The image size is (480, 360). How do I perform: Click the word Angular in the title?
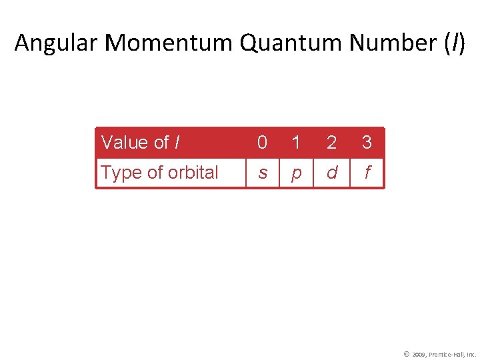tap(57, 43)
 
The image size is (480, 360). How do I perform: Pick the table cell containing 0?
tap(263, 143)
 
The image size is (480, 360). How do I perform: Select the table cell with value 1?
tap(296, 143)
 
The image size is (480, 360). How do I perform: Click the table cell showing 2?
tap(331, 143)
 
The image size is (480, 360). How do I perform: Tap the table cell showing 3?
tap(367, 143)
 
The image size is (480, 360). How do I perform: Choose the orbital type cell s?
tap(263, 173)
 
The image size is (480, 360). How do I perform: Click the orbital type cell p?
tap(296, 173)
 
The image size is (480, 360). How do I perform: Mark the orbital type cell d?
tap(331, 173)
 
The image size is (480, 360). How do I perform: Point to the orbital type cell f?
tap(367, 173)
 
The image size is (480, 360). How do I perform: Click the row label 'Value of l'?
tap(140, 143)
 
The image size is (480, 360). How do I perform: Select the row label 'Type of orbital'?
tap(159, 173)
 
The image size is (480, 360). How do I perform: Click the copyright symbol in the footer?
tap(407, 353)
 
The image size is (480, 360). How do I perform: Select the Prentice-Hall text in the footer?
tap(447, 353)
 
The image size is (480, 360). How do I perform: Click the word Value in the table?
tap(125, 143)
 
